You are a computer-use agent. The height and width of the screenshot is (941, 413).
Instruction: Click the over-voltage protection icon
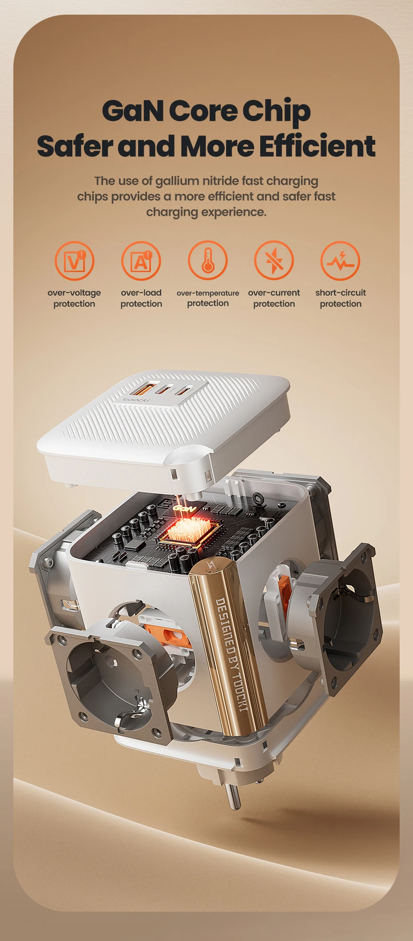75,261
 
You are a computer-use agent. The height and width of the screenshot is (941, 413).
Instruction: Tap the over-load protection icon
141,261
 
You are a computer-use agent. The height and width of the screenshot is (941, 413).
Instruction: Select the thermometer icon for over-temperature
208,261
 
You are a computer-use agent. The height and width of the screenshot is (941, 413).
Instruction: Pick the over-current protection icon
274,261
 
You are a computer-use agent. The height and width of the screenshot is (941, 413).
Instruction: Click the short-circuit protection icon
341,261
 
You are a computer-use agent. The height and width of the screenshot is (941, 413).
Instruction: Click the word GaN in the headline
133,111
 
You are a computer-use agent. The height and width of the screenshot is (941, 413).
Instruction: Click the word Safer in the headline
75,146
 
